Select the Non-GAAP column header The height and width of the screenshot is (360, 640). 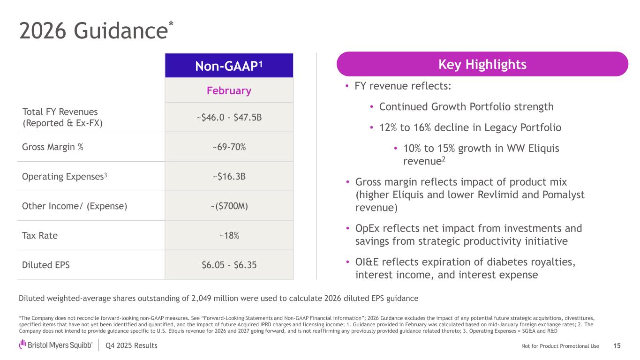pos(229,66)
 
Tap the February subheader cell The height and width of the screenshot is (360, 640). pos(229,90)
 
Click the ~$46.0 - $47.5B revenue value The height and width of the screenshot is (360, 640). pos(229,117)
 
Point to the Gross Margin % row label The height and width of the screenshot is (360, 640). pos(53,147)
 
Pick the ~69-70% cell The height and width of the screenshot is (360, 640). pos(229,147)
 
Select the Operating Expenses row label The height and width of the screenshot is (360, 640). pos(66,177)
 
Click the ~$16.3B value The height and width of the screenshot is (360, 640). pos(229,177)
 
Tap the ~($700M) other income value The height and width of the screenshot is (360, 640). pos(229,206)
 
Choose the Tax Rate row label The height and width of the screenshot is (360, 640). pos(40,235)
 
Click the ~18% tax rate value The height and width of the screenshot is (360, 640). pos(229,235)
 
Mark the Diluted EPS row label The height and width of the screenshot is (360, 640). pos(46,265)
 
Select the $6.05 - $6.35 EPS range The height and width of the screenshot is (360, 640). pos(229,265)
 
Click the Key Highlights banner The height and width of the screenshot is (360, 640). pos(482,64)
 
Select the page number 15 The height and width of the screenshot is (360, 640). pos(617,346)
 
